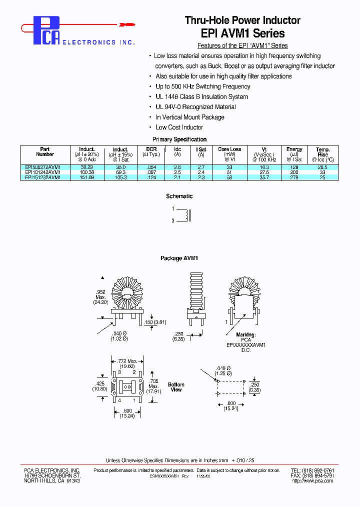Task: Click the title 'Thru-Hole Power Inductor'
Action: tap(242, 20)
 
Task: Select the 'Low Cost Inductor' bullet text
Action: tap(179, 127)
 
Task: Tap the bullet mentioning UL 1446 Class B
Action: tap(201, 97)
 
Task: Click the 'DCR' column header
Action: tap(151, 149)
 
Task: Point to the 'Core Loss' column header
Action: tap(229, 149)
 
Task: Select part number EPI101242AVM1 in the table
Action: tap(43, 172)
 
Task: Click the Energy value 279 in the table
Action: tap(294, 177)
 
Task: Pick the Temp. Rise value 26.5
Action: tap(322, 167)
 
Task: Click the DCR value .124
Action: tap(151, 177)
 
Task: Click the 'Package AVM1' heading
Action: tap(179, 258)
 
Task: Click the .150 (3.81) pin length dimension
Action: tap(158, 322)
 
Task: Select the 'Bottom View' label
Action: tap(176, 387)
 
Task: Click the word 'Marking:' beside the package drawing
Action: tap(246, 334)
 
